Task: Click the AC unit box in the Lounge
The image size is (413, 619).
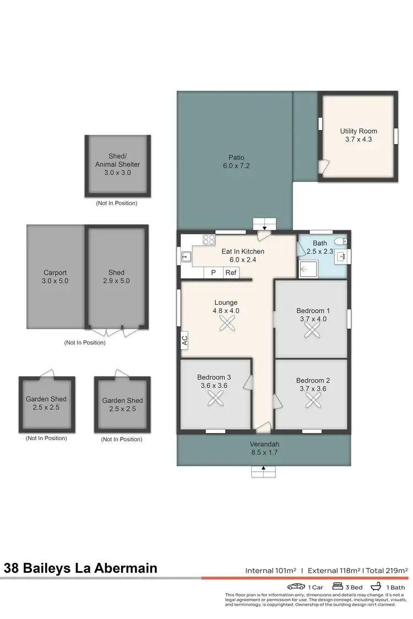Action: (184, 340)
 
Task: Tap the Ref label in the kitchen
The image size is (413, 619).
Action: (231, 272)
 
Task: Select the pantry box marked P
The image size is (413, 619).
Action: (213, 272)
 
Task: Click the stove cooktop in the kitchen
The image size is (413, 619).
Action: (209, 239)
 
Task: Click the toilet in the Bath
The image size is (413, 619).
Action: (342, 240)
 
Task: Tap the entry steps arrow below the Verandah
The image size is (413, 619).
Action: (263, 472)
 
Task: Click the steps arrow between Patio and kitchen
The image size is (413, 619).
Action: (264, 224)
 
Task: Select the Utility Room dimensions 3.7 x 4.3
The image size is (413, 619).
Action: (358, 140)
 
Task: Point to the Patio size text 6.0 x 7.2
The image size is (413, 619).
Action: (236, 166)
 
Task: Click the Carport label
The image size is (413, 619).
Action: (55, 272)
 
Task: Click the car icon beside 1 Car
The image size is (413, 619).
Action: (296, 587)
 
